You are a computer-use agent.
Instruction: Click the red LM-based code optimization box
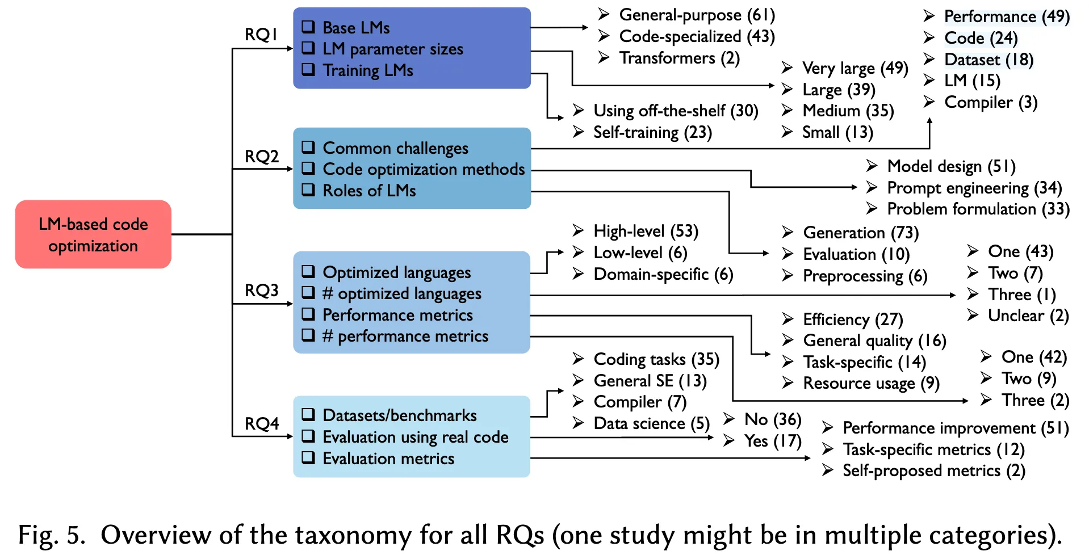[93, 234]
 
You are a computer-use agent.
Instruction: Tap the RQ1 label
[261, 35]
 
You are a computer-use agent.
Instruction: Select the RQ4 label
[262, 424]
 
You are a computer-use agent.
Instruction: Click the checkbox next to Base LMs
[308, 27]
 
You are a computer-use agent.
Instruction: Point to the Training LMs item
[367, 70]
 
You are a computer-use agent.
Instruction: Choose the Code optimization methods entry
[423, 169]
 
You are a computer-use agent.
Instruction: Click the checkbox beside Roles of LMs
[308, 190]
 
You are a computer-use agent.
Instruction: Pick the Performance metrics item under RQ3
[397, 315]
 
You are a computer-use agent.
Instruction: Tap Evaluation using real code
[415, 437]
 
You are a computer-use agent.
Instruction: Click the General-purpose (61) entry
[696, 15]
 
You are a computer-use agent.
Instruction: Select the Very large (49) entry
[855, 68]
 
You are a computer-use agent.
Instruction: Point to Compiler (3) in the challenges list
[990, 102]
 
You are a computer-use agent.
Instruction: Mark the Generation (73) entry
[860, 233]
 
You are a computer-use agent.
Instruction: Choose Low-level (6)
[640, 253]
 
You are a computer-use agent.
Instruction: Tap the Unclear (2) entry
[1028, 316]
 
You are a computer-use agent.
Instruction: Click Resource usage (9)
[871, 384]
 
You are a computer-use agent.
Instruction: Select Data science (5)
[651, 423]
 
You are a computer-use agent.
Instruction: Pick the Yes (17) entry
[772, 441]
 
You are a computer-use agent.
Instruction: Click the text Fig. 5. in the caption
[52, 535]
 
